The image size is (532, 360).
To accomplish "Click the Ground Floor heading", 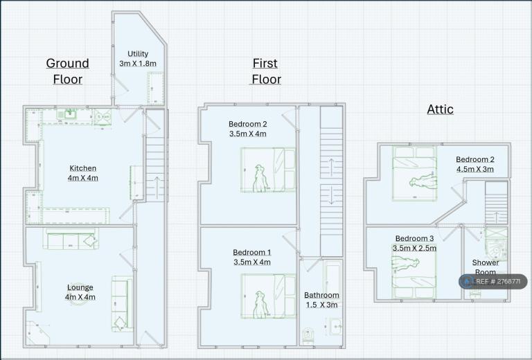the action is click(x=68, y=71).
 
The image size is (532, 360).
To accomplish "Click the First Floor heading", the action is click(x=266, y=71).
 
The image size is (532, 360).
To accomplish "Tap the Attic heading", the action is click(x=440, y=109).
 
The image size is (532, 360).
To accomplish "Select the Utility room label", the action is click(x=138, y=58).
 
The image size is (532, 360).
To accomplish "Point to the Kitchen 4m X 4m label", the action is click(x=83, y=173).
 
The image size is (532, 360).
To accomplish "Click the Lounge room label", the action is click(x=80, y=292).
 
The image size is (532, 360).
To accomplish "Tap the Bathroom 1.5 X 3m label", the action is click(x=321, y=300).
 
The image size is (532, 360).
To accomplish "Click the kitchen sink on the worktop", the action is click(x=70, y=114).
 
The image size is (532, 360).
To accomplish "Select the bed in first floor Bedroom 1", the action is click(x=268, y=296).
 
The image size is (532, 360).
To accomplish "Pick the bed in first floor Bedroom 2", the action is click(x=268, y=170).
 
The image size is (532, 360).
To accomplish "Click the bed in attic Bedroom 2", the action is click(x=415, y=173).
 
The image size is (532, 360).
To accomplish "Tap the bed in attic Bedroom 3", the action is click(x=414, y=271).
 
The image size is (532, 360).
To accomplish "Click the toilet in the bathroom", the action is click(x=308, y=335).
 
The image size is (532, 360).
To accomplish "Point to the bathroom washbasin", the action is click(x=336, y=326).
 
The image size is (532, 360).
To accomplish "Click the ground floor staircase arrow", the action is click(x=157, y=188).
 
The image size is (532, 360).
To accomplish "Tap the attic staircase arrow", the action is click(x=497, y=217).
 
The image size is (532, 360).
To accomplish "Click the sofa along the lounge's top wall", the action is click(x=71, y=240).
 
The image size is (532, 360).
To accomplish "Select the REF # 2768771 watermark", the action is click(x=493, y=282).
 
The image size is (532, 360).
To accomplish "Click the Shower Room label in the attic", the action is click(x=486, y=267).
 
